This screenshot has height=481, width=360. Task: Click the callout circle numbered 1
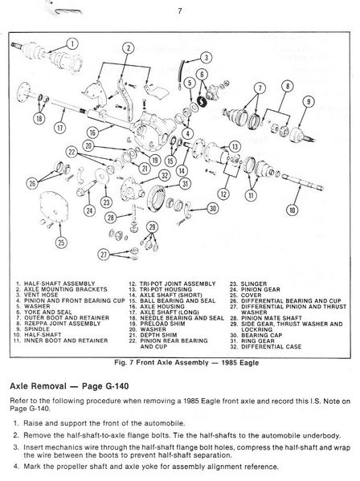point(72,43)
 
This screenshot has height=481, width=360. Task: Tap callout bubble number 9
point(308,101)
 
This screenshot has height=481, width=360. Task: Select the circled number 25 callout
point(61,243)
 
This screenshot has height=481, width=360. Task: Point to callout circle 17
point(59,128)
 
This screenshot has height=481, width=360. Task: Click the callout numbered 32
point(165,175)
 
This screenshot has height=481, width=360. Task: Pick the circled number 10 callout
point(292,210)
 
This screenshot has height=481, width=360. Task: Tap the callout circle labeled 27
point(104,255)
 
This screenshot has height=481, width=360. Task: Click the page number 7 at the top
point(180,11)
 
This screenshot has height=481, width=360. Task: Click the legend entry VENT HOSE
point(41,295)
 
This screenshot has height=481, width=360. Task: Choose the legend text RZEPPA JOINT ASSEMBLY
point(63,324)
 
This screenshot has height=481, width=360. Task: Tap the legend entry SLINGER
point(254,283)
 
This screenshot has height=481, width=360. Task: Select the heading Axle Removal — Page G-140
point(69,386)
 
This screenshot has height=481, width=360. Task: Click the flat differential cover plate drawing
point(54,206)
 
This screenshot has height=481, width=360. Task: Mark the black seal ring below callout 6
point(202,101)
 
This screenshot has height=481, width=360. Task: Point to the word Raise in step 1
point(32,423)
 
